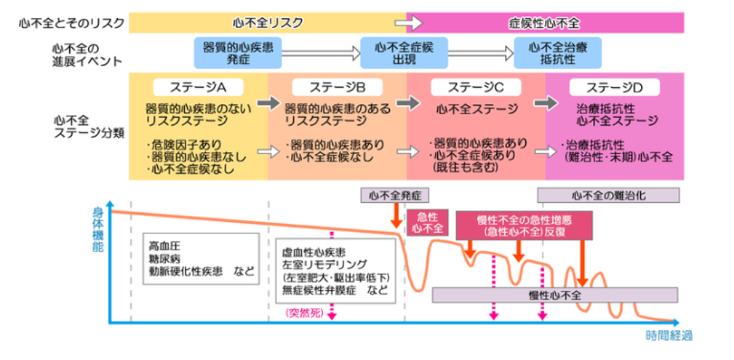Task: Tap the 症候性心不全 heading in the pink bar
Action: (543, 23)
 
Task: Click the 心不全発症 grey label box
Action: (395, 195)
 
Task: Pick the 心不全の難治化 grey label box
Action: (608, 195)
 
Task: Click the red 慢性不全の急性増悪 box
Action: (524, 225)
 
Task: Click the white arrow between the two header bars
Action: (404, 23)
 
